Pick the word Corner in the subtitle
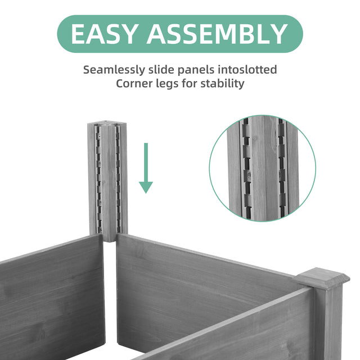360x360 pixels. coord(134,84)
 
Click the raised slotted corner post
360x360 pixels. coord(108,180)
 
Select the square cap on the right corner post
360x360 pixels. coord(321,279)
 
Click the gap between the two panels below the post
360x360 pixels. coord(110,292)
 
